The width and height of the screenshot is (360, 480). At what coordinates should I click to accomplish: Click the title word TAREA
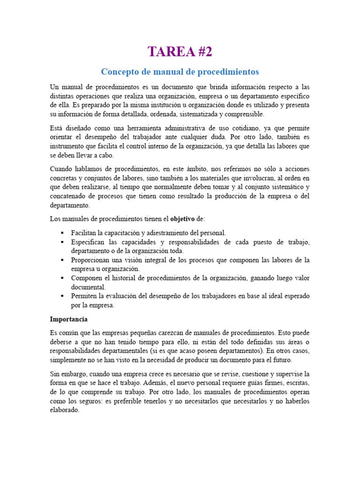pos(167,52)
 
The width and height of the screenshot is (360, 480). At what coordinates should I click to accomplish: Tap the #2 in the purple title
pos(201,52)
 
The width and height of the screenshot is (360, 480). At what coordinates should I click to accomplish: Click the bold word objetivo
pos(182,219)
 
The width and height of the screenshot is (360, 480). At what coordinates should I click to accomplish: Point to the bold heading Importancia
pos(69,319)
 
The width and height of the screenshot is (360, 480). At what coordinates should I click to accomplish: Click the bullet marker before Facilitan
pos(62,233)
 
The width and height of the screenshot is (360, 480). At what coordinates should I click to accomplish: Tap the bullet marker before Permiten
pos(62,297)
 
